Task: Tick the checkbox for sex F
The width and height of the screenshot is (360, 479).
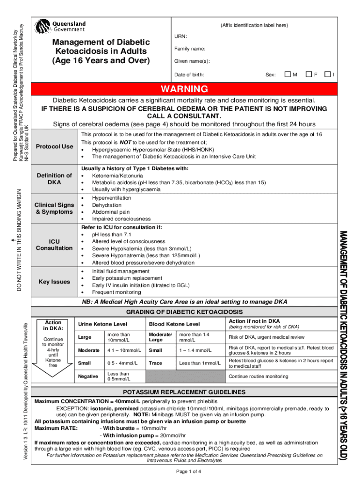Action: tap(309, 74)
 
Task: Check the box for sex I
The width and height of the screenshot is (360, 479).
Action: tap(329, 74)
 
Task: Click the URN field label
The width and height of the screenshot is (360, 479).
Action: tap(180, 36)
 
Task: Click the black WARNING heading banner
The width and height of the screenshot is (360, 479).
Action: tap(184, 89)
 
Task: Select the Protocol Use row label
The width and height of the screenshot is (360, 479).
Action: tap(55, 146)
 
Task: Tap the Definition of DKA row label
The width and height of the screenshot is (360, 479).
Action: tap(55, 179)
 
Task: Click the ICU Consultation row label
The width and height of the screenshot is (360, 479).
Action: tap(55, 245)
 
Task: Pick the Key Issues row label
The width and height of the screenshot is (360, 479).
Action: tap(55, 282)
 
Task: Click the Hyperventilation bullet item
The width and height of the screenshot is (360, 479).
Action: tap(111, 198)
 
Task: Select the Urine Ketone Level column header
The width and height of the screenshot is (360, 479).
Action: tap(102, 324)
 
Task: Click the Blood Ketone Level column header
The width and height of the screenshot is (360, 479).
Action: tap(174, 324)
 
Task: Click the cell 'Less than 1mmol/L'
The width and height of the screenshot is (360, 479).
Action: tap(199, 363)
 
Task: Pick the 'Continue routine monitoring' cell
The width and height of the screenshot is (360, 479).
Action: tap(258, 377)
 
